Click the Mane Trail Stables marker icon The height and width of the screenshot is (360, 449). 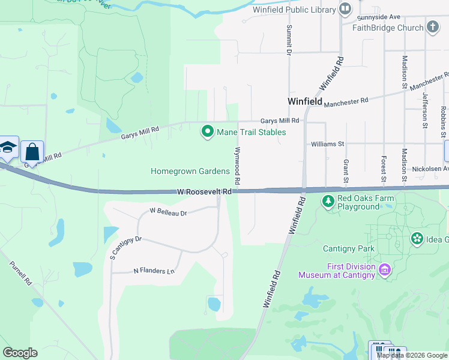point(208,131)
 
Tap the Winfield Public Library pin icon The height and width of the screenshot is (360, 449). point(345,9)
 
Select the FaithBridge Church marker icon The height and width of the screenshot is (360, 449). point(433,27)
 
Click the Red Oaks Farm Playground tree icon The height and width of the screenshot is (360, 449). point(328,202)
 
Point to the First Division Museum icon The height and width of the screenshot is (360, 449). point(384,271)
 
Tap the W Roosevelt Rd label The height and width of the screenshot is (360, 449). point(204,191)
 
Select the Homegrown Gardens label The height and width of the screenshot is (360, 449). point(190,172)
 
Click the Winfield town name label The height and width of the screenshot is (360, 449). point(305,101)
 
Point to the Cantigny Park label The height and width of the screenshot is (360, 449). point(348,248)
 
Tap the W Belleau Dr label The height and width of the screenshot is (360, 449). point(169,212)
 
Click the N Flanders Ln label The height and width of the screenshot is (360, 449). point(153,271)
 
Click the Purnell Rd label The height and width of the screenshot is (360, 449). point(21,274)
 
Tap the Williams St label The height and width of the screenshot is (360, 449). point(327,144)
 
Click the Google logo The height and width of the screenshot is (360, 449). point(20,353)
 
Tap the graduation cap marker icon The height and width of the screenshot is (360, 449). point(8,148)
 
